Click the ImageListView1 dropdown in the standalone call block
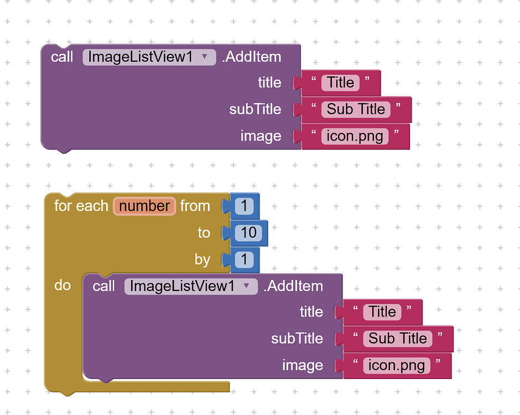pyautogui.click(x=149, y=57)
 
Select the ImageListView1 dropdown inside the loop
pyautogui.click(x=191, y=286)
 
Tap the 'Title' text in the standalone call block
pyautogui.click(x=340, y=83)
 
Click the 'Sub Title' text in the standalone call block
pyautogui.click(x=356, y=110)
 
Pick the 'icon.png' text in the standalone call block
pyautogui.click(x=355, y=136)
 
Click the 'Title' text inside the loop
pyautogui.click(x=382, y=312)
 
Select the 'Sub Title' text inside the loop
pyautogui.click(x=398, y=339)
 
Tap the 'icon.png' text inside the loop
pyautogui.click(x=397, y=365)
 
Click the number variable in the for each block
pyautogui.click(x=144, y=206)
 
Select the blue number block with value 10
pyautogui.click(x=248, y=233)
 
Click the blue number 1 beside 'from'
pyautogui.click(x=244, y=206)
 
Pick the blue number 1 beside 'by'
pyautogui.click(x=244, y=260)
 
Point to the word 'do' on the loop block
pyautogui.click(x=63, y=286)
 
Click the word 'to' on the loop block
pyautogui.click(x=204, y=233)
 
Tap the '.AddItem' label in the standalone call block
pyautogui.click(x=251, y=57)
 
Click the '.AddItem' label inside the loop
pyautogui.click(x=293, y=286)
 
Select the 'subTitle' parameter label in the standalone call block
pyautogui.click(x=255, y=110)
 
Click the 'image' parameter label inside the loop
pyautogui.click(x=303, y=365)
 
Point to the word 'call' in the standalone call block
pyautogui.click(x=62, y=57)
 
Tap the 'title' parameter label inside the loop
pyautogui.click(x=311, y=312)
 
